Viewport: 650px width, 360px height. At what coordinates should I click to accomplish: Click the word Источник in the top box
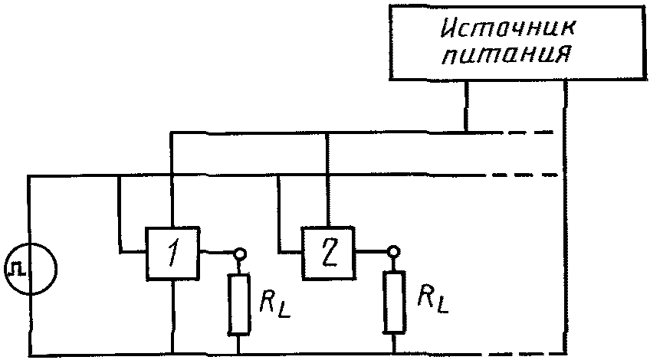pyautogui.click(x=508, y=29)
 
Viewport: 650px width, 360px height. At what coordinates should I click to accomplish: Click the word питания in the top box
pyautogui.click(x=507, y=54)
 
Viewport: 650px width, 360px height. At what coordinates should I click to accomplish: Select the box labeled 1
pyautogui.click(x=173, y=253)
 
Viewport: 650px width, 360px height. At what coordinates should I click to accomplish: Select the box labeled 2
pyautogui.click(x=329, y=253)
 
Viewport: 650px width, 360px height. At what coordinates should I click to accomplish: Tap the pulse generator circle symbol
pyautogui.click(x=30, y=270)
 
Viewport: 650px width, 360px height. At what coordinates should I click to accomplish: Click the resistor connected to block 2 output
pyautogui.click(x=394, y=302)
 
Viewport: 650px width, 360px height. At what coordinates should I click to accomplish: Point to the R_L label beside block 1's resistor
pyautogui.click(x=275, y=302)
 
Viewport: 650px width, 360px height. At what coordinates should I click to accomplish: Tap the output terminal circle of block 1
pyautogui.click(x=239, y=252)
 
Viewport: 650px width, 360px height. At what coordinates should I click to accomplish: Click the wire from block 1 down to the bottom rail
pyautogui.click(x=173, y=317)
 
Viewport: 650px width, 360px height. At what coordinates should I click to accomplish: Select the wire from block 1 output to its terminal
pyautogui.click(x=217, y=252)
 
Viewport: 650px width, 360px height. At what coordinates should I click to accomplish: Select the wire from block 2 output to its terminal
pyautogui.click(x=373, y=251)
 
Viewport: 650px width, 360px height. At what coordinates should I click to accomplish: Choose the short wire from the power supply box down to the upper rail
pyautogui.click(x=466, y=106)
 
